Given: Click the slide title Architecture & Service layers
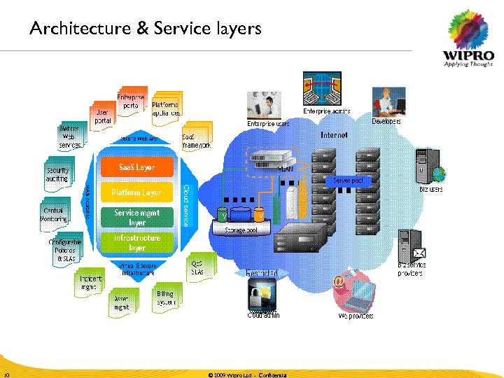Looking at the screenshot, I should click(145, 29).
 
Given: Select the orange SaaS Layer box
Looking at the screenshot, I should click(136, 168).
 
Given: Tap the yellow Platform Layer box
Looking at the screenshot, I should click(136, 192).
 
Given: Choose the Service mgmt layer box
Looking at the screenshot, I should click(136, 217).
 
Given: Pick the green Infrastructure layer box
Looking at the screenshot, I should click(136, 243).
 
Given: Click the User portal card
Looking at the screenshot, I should click(102, 115).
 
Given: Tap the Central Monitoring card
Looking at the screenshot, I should click(54, 214).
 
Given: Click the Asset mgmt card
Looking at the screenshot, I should click(122, 302).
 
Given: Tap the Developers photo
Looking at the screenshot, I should click(388, 101).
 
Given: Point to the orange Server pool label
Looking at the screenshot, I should click(346, 181).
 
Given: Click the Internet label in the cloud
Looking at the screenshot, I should click(334, 134).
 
